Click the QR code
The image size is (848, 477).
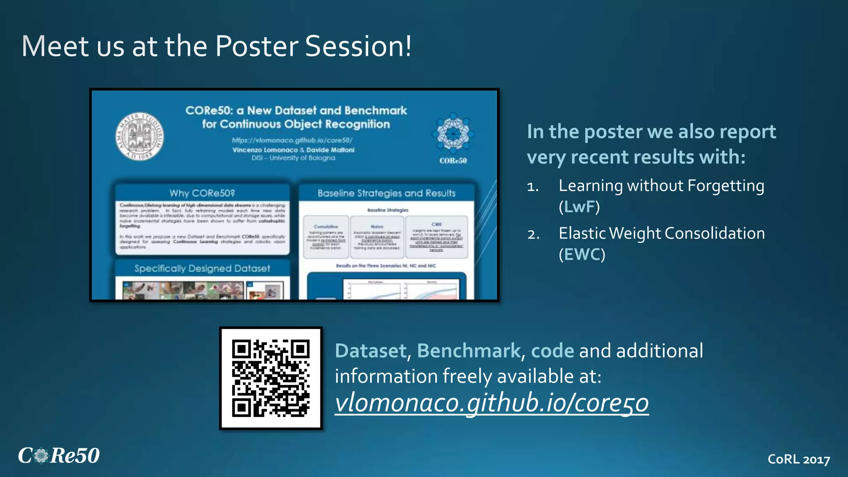271,378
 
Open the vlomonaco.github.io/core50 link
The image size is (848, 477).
491,403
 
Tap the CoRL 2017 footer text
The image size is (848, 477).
798,459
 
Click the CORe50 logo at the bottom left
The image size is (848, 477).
58,455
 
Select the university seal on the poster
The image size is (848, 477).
139,136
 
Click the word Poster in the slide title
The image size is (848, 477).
257,46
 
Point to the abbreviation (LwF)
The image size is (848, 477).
579,207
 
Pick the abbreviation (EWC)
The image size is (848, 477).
582,254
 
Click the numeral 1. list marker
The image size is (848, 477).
533,187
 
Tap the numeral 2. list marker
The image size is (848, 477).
533,235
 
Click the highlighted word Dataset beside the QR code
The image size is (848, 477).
371,351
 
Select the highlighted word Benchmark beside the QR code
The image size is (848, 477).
469,351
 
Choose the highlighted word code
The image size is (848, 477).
552,351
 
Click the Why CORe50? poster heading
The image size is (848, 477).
202,193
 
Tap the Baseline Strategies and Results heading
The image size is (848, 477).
386,193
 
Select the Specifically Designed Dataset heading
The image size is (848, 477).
202,268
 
